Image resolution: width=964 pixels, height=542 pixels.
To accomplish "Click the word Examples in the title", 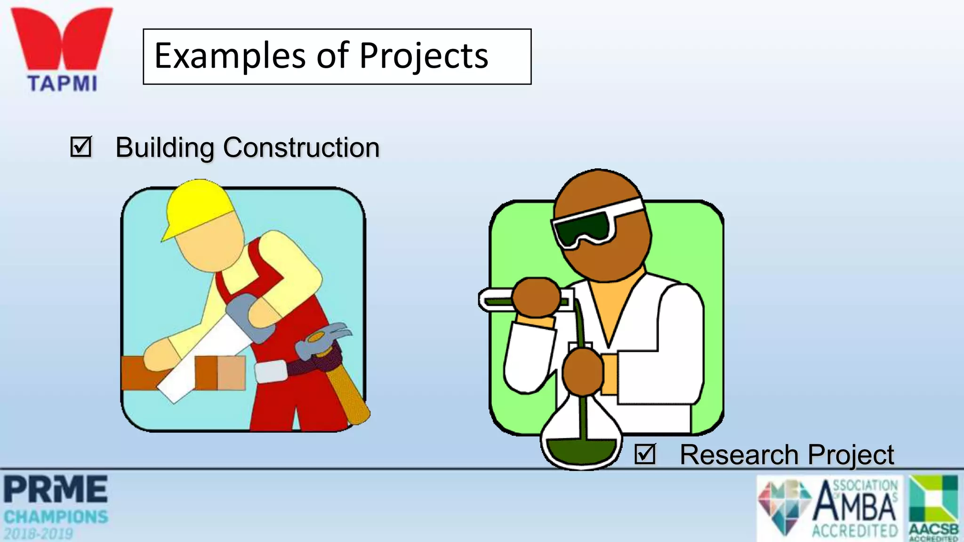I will pyautogui.click(x=230, y=56).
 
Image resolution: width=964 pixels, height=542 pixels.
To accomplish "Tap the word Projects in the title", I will pyautogui.click(x=424, y=56).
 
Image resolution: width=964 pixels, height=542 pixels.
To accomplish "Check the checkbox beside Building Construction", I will pyautogui.click(x=80, y=147).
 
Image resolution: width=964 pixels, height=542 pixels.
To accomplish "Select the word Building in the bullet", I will pyautogui.click(x=164, y=148).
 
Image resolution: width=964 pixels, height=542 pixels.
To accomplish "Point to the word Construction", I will pyautogui.click(x=301, y=148).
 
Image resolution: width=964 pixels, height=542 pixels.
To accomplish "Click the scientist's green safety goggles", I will pyautogui.click(x=584, y=228).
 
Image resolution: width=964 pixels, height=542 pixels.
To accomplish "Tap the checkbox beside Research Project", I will pyautogui.click(x=644, y=454).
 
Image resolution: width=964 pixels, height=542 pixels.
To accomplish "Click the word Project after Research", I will pyautogui.click(x=851, y=455).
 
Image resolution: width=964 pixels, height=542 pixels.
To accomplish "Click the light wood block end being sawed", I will pyautogui.click(x=231, y=373).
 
